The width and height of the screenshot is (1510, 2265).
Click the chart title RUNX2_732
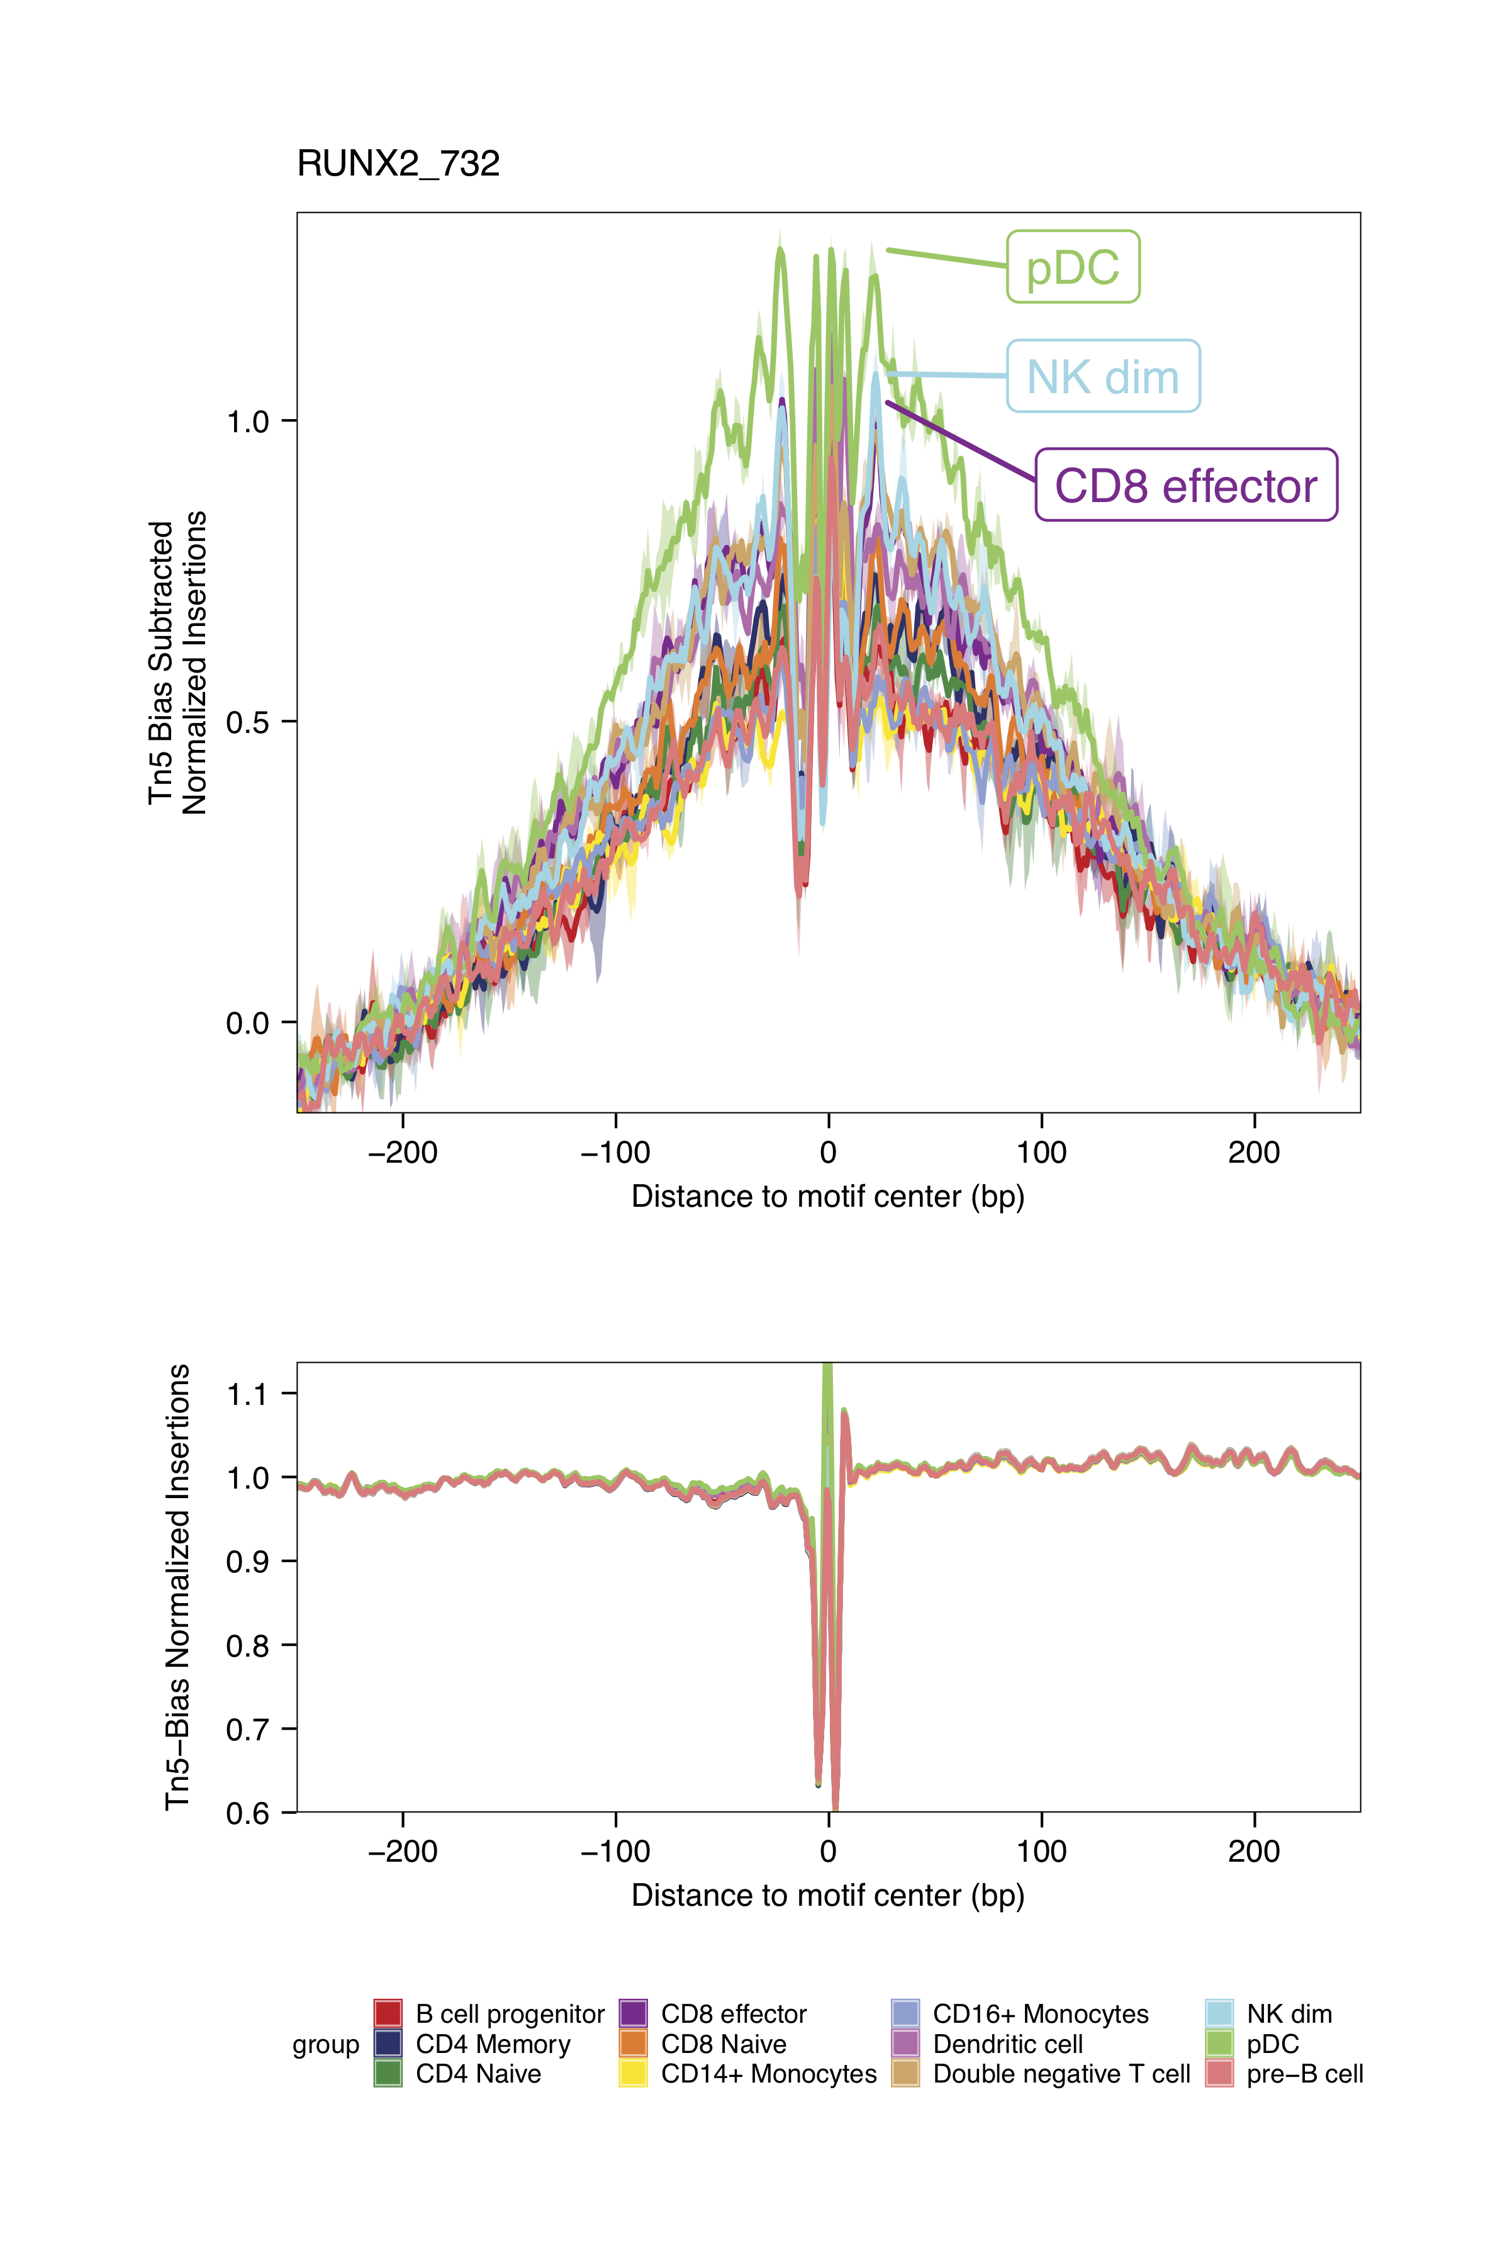coord(398,164)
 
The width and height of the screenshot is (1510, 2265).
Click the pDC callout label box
coord(1073,267)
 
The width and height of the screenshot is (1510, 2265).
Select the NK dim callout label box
coord(1103,376)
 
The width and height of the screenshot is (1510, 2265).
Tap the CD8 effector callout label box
coord(1185,485)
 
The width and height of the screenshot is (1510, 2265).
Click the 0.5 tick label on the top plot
coord(247,722)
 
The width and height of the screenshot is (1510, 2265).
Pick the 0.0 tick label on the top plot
coord(247,1023)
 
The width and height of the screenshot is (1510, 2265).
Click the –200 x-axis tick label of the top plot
coord(403,1152)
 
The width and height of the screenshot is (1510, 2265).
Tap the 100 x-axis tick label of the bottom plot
coord(1041,1851)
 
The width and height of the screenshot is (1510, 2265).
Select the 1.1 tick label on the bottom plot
coord(247,1394)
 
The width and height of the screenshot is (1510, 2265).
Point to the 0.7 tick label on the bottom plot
coord(247,1730)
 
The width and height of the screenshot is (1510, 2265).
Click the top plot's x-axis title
coord(827,1197)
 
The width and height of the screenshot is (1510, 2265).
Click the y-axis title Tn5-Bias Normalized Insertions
coord(178,1587)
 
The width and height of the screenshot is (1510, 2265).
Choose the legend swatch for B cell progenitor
coord(387,2014)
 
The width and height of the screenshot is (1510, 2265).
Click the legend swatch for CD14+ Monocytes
coord(633,2073)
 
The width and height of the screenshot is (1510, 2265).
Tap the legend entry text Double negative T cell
coord(1061,2073)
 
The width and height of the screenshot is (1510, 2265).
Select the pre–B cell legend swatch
coord(1219,2073)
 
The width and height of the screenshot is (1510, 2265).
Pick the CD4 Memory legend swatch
coord(387,2044)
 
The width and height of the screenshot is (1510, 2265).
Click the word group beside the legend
coord(325,2044)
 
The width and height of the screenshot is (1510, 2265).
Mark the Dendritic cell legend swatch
coord(905,2044)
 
